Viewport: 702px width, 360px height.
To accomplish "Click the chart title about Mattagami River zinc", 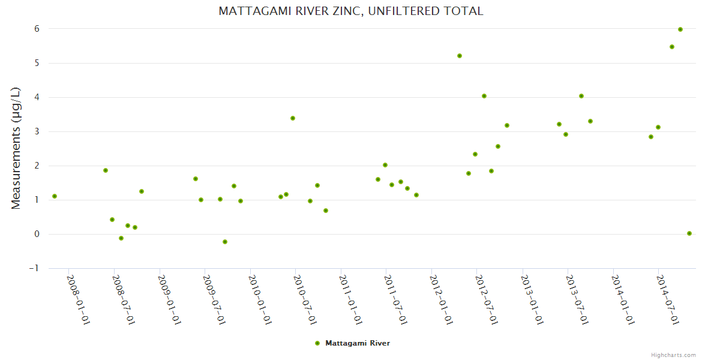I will (350, 11).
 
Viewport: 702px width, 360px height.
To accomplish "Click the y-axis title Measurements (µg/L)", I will (16, 148).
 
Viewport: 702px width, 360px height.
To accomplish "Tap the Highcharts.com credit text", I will (673, 355).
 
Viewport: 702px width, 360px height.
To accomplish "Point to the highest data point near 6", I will (680, 29).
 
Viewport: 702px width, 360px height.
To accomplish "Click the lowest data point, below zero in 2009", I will (225, 242).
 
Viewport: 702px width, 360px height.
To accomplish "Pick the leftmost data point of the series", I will (55, 196).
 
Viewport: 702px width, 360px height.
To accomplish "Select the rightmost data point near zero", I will (689, 233).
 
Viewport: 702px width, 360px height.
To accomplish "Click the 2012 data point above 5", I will (460, 56).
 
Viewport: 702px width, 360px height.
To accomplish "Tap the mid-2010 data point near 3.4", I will (293, 118).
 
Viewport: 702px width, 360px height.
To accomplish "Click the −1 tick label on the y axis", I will (34, 268).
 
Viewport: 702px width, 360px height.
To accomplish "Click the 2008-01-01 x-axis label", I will (78, 299).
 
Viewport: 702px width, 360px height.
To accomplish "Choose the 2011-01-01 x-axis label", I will (350, 299).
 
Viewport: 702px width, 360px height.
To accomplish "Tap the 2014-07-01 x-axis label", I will (668, 299).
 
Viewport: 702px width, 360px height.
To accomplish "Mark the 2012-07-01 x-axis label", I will (487, 299).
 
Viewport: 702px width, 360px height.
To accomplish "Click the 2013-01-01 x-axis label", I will (532, 299).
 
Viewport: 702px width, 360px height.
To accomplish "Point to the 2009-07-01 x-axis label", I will (214, 299).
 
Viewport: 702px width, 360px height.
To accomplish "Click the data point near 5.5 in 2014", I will (672, 47).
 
